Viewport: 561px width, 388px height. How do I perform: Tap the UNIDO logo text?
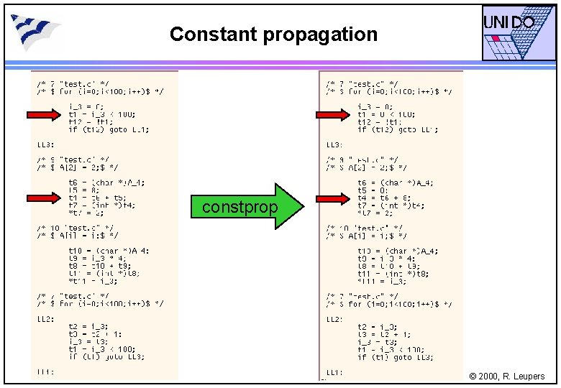(x=508, y=23)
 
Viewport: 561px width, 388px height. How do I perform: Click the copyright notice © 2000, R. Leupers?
(x=507, y=377)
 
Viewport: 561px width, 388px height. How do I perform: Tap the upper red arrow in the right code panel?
(x=332, y=114)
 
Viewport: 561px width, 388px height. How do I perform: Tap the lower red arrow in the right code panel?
(x=332, y=198)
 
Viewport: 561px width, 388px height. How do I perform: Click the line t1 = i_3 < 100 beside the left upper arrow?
(x=101, y=114)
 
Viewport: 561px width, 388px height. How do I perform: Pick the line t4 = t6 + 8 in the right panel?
(x=386, y=198)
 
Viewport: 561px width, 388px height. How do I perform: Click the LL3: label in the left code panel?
(x=46, y=144)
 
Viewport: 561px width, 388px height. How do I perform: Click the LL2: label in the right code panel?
(x=335, y=319)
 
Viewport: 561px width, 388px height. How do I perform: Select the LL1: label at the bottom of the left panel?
(x=45, y=372)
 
